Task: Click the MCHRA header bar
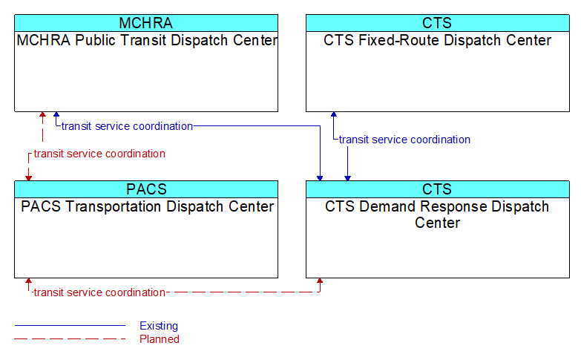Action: pos(146,23)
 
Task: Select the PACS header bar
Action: pos(146,189)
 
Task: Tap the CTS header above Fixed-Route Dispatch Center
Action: pos(438,23)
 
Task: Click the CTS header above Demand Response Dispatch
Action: pos(438,189)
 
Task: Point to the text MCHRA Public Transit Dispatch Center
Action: pos(147,40)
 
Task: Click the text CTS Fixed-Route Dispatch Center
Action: pos(438,40)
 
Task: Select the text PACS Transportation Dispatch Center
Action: pos(147,206)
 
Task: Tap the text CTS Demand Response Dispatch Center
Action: pos(437,215)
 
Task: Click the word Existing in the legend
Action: pos(159,326)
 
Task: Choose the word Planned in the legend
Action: pos(160,339)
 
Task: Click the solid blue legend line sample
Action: pos(70,326)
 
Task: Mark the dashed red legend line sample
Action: pos(70,338)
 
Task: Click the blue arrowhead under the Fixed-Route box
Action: pos(333,114)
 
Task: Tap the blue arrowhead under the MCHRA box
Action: pos(56,114)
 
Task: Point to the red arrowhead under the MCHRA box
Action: pos(42,114)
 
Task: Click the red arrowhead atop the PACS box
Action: pos(28,178)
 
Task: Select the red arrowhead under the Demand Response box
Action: pos(320,281)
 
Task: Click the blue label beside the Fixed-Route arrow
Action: pos(404,140)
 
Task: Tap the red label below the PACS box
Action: pos(99,292)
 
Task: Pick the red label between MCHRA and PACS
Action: pos(99,154)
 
